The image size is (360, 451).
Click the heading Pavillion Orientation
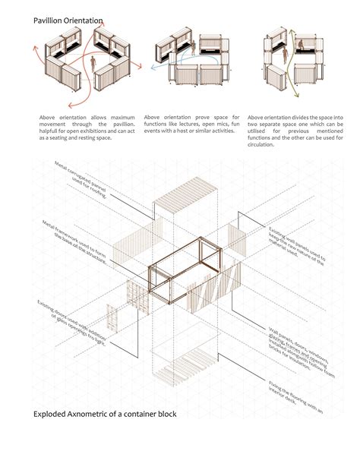pyautogui.click(x=68, y=22)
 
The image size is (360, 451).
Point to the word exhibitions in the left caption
pyautogui.click(x=90, y=131)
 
